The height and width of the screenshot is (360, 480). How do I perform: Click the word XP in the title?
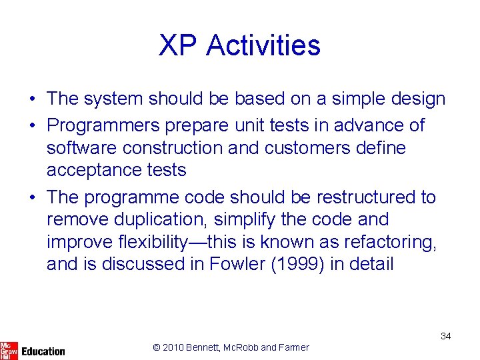(178, 45)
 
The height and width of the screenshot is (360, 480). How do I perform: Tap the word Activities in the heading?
(263, 45)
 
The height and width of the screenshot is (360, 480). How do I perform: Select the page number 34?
(445, 336)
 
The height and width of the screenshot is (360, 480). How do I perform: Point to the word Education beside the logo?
(43, 351)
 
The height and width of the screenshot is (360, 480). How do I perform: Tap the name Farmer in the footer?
(294, 347)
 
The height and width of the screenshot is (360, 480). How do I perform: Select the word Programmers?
(104, 125)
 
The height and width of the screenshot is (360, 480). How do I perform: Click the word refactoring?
(385, 241)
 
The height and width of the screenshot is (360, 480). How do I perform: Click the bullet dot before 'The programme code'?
(32, 198)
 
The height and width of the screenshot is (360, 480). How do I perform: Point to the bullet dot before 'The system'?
(32, 99)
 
